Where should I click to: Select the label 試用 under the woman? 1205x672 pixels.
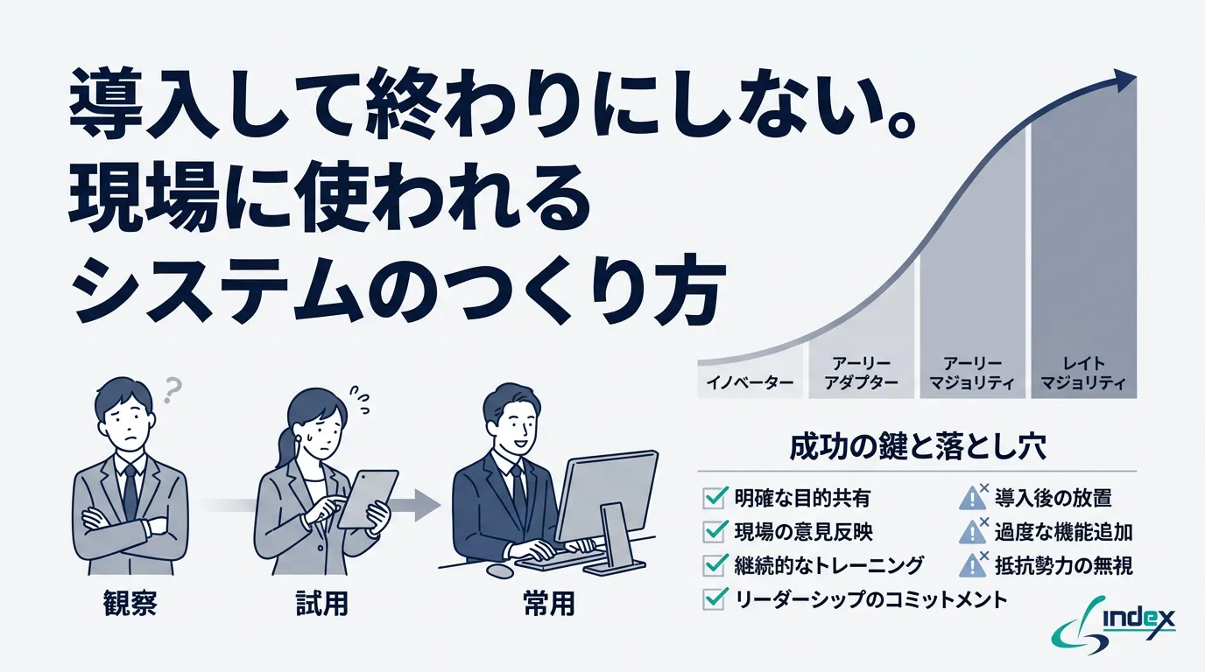click(322, 604)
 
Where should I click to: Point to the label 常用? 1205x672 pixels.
click(548, 604)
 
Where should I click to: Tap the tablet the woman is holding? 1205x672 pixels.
click(366, 498)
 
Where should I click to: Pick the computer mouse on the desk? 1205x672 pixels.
click(500, 570)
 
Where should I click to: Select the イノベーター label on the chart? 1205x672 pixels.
click(750, 383)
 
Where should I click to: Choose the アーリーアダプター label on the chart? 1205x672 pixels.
click(863, 373)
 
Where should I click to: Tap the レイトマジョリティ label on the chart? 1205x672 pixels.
click(1082, 373)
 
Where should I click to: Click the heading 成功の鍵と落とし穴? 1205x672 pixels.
click(917, 449)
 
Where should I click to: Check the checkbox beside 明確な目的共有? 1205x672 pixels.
click(715, 499)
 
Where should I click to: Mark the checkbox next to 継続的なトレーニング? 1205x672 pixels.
click(715, 565)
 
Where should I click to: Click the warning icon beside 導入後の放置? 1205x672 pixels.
click(972, 499)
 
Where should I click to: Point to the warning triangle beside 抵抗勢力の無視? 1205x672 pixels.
click(972, 565)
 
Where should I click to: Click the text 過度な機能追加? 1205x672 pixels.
click(1063, 532)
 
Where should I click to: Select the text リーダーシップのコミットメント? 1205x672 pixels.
click(870, 599)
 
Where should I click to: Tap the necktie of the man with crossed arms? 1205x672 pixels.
click(130, 490)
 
